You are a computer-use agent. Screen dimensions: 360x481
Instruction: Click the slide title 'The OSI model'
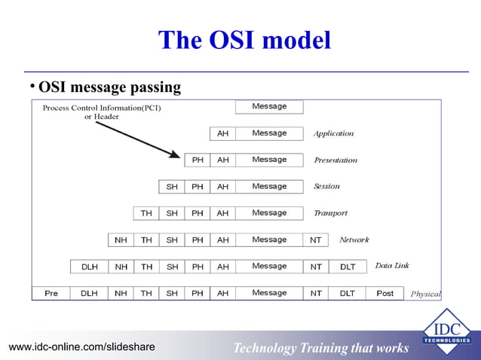point(244,40)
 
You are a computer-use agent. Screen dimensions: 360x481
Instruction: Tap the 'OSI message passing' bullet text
point(109,87)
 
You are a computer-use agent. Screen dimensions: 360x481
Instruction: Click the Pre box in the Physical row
point(51,293)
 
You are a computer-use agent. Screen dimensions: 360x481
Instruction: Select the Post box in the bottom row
point(384,293)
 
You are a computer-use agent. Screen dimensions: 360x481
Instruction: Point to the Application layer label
point(333,133)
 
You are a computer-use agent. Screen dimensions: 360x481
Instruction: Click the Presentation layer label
point(335,160)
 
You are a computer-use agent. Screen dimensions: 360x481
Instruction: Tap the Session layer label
point(326,186)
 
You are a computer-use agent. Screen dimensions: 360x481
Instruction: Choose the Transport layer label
point(330,213)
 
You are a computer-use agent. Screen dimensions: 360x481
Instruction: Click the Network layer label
point(354,239)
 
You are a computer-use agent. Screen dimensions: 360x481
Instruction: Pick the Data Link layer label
point(392,266)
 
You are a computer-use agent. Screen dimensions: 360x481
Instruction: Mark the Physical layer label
point(425,294)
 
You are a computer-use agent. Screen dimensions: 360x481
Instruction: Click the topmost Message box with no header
point(269,107)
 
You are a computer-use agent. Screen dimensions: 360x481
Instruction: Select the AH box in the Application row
point(222,133)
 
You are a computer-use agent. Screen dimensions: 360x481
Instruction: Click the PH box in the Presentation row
point(198,160)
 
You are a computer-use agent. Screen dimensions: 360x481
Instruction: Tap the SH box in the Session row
point(172,186)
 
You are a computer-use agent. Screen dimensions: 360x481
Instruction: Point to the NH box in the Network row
point(121,239)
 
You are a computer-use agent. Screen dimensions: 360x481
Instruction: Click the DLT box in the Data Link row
point(348,267)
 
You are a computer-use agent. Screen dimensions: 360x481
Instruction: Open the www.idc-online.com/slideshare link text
point(81,346)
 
